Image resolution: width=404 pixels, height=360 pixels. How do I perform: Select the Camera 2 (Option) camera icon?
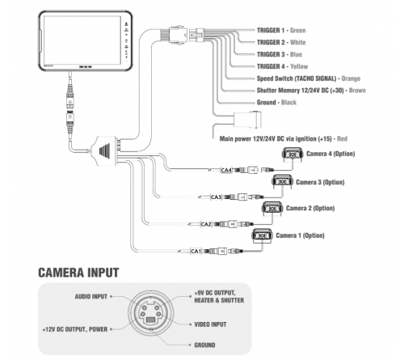[x=271, y=210]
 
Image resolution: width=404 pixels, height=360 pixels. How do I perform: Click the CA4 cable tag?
[x=226, y=170]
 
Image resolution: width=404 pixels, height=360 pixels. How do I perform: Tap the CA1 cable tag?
[x=195, y=252]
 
